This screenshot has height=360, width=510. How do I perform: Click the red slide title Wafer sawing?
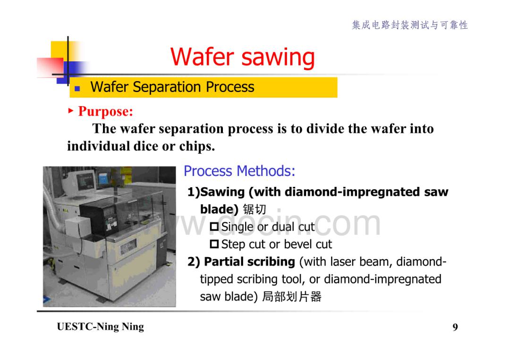[242, 57]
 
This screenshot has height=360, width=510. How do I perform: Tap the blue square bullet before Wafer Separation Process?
[77, 88]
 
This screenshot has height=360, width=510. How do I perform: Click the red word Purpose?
[106, 111]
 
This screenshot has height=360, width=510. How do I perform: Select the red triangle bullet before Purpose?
[71, 111]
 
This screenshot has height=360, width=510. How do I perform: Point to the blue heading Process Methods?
[239, 171]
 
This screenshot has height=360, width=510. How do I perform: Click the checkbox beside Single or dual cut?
[214, 226]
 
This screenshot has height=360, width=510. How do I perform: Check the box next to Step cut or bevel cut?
[214, 244]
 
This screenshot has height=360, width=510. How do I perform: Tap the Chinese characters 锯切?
[255, 209]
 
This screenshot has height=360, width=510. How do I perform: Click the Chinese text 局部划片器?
[292, 296]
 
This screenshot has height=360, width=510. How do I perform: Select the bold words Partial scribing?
[249, 261]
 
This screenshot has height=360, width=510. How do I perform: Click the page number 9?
[455, 327]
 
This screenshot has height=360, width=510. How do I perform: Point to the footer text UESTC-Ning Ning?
[101, 327]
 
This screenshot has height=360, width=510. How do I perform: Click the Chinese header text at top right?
[410, 25]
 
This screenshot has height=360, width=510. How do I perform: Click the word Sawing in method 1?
[222, 192]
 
